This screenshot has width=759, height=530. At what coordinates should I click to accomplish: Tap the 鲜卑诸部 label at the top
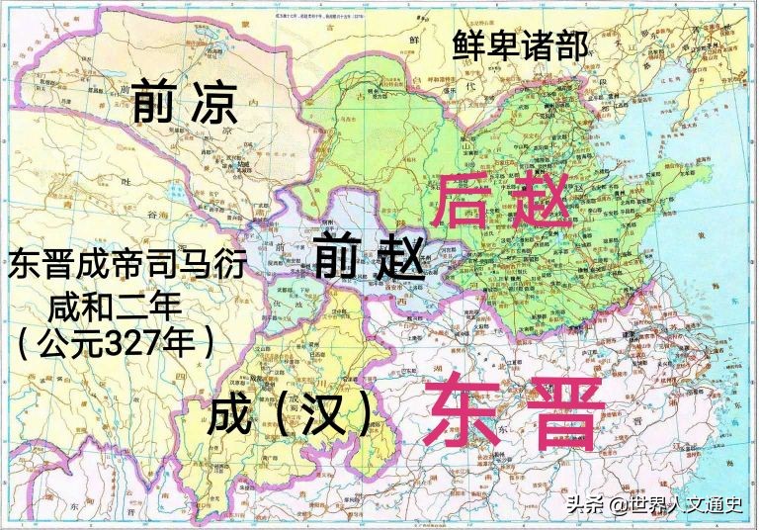click(x=521, y=44)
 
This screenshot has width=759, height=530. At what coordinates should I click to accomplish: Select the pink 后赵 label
click(x=504, y=199)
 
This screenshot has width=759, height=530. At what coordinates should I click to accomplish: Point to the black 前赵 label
click(x=369, y=259)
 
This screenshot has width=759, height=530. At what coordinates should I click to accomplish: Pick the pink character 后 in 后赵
click(x=465, y=199)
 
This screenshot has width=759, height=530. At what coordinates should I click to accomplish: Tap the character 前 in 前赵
click(x=338, y=259)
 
